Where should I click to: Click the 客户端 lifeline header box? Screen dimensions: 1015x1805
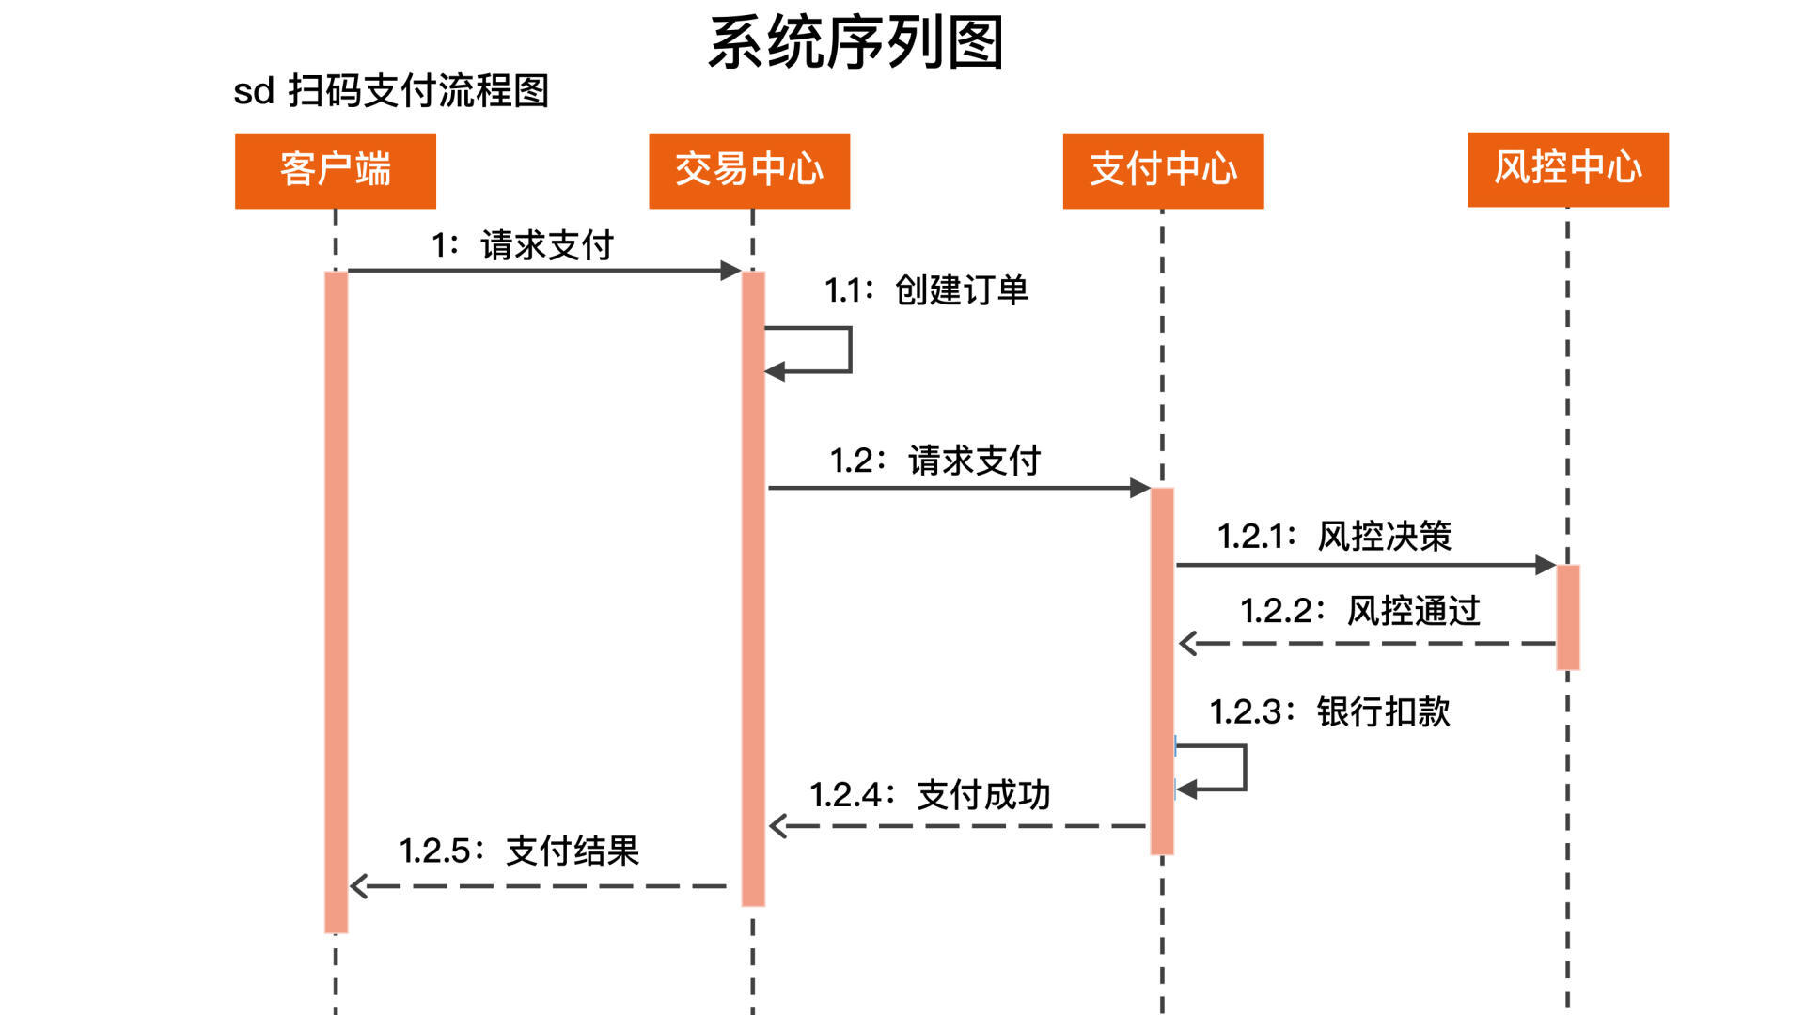click(336, 171)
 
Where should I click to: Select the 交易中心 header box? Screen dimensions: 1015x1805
click(749, 171)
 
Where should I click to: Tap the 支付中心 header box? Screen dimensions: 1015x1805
click(1163, 171)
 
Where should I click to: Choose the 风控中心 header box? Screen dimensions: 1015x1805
click(1568, 169)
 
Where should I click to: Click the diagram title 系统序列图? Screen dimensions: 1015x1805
click(855, 42)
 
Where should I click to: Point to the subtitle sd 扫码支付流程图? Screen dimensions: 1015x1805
click(391, 91)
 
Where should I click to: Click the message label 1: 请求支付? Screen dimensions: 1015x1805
click(523, 245)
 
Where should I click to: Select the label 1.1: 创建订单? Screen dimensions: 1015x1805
click(927, 289)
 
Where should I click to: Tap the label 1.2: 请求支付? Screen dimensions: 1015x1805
click(935, 461)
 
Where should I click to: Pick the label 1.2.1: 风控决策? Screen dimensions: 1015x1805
click(1335, 536)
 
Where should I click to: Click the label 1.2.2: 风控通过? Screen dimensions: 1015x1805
click(1360, 611)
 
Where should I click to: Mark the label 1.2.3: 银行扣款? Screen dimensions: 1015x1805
click(1330, 711)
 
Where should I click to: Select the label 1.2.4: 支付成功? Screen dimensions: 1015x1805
click(931, 795)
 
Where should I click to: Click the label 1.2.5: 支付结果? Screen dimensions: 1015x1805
click(520, 851)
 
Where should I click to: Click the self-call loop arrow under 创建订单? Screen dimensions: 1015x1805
click(849, 350)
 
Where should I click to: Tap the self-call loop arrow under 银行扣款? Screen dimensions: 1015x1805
click(1244, 767)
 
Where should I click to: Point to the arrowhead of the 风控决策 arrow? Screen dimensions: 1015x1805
click(1545, 565)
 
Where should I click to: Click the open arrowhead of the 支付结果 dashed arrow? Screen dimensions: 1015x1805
click(358, 885)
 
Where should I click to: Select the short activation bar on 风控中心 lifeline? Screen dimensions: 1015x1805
click(1568, 617)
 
